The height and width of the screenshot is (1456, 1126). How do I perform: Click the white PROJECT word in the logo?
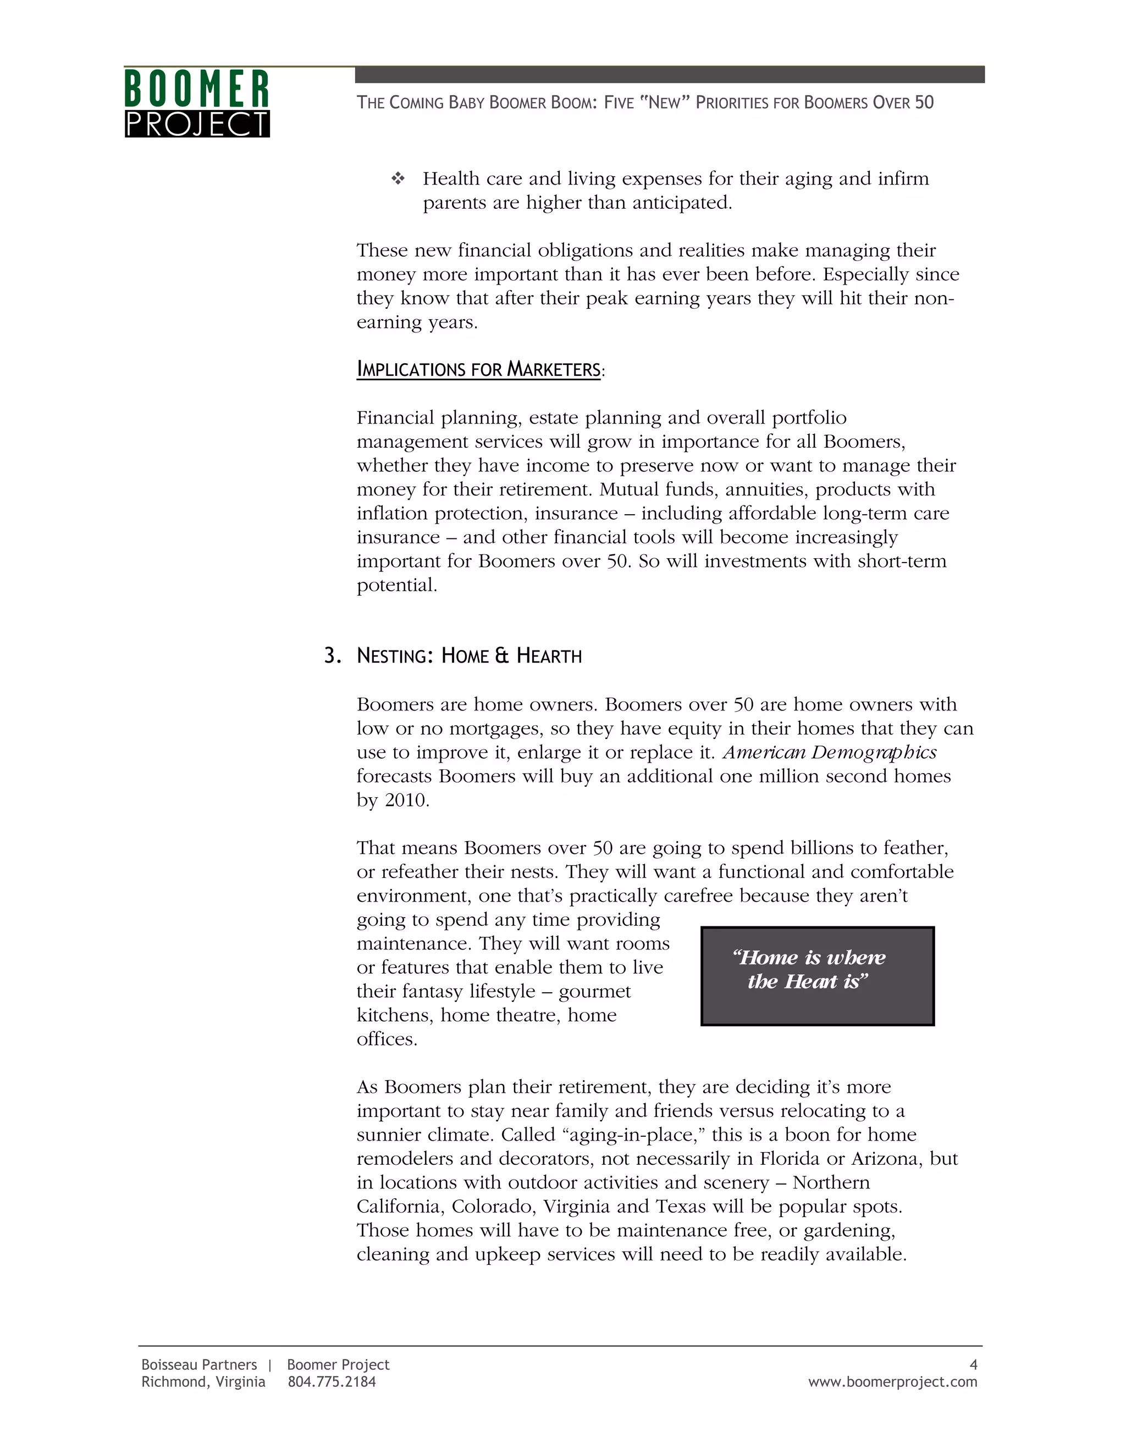click(x=197, y=125)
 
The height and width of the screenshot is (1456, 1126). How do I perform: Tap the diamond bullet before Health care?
click(x=398, y=179)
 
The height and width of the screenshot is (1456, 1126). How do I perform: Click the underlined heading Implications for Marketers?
click(x=479, y=369)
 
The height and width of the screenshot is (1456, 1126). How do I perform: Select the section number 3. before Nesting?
click(x=332, y=656)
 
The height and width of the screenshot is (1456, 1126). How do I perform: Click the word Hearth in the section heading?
click(x=549, y=657)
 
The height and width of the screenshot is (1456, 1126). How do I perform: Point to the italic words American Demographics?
click(x=830, y=753)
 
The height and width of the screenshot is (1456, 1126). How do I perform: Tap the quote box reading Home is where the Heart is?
click(x=817, y=976)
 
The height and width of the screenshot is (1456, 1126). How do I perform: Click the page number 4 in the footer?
click(x=973, y=1365)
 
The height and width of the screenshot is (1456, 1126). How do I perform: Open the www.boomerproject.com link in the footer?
click(x=892, y=1382)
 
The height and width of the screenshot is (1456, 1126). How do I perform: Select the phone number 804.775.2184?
click(x=332, y=1382)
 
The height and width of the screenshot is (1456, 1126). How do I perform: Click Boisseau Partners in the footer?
click(x=199, y=1365)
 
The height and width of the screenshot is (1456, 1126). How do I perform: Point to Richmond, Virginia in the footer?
click(x=203, y=1382)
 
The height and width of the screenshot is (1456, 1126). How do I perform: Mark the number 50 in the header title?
click(x=924, y=103)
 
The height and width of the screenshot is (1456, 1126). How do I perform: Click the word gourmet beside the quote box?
click(x=594, y=992)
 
